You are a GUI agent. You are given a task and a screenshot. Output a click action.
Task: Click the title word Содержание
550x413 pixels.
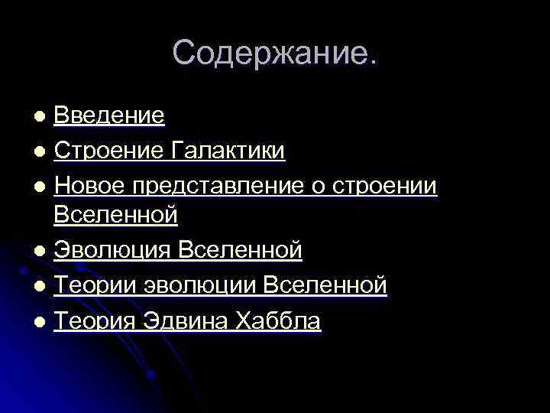tap(274, 53)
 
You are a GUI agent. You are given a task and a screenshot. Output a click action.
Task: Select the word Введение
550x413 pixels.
tap(109, 115)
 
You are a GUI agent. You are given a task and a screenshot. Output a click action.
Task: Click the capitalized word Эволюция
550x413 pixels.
tap(112, 250)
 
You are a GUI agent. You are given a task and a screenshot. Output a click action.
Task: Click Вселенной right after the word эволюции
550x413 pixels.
tap(325, 285)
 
